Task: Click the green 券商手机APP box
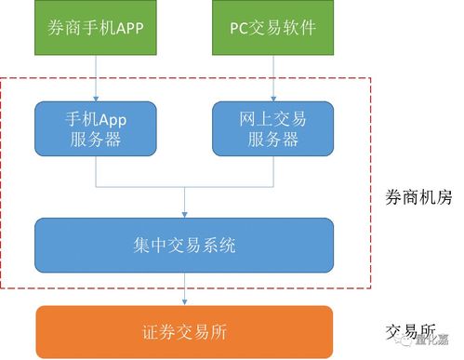click(95, 27)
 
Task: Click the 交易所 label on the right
click(410, 330)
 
